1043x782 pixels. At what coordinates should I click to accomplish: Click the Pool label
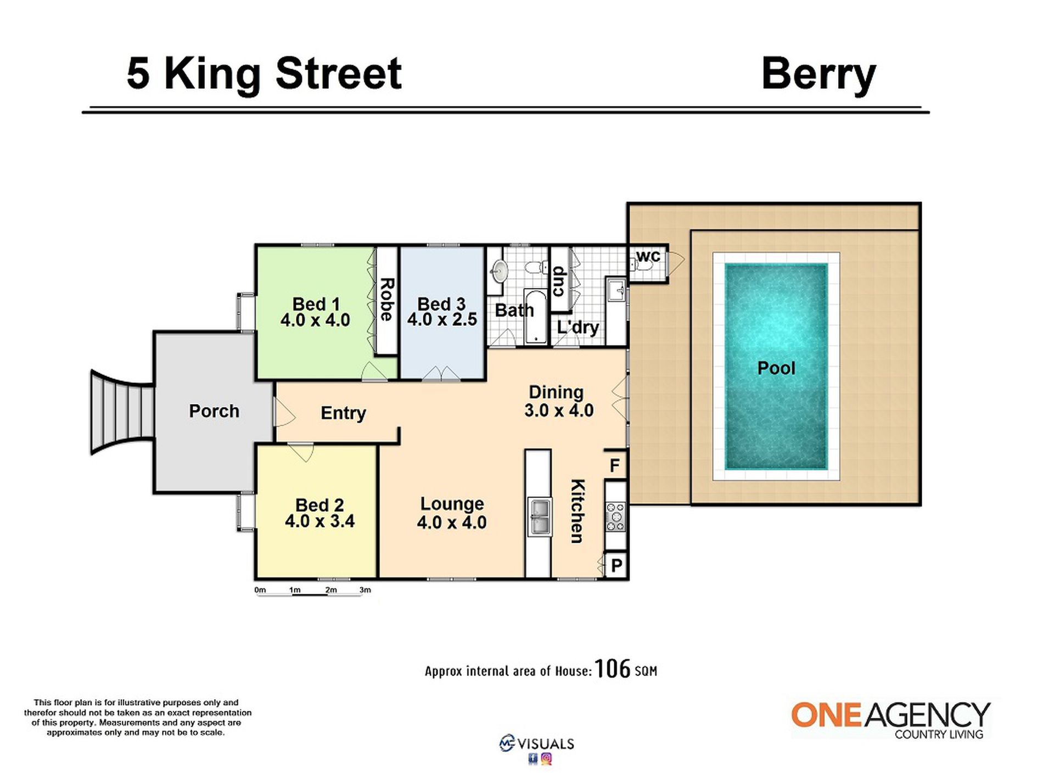(776, 368)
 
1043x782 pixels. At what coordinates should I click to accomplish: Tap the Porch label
(214, 411)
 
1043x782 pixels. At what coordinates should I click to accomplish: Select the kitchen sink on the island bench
(539, 516)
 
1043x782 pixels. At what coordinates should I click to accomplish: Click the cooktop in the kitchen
(615, 516)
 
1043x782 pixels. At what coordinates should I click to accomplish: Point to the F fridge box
(615, 465)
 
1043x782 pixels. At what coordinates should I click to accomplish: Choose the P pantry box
(616, 565)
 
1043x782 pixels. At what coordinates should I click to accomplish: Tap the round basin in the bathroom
(499, 271)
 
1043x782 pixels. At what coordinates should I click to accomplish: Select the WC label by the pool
(648, 256)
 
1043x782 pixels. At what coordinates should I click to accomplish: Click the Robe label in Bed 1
(387, 300)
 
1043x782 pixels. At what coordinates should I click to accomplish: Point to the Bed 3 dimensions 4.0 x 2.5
(442, 319)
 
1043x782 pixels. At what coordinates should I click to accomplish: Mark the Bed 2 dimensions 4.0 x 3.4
(320, 521)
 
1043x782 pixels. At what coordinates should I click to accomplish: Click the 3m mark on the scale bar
(365, 590)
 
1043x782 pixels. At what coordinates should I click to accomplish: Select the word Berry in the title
(818, 75)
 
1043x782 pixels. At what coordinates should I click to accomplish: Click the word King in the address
(212, 75)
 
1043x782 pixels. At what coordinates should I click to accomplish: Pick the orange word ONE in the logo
(827, 715)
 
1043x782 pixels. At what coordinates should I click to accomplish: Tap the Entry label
(343, 413)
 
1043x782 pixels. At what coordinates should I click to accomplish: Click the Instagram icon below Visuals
(546, 759)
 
